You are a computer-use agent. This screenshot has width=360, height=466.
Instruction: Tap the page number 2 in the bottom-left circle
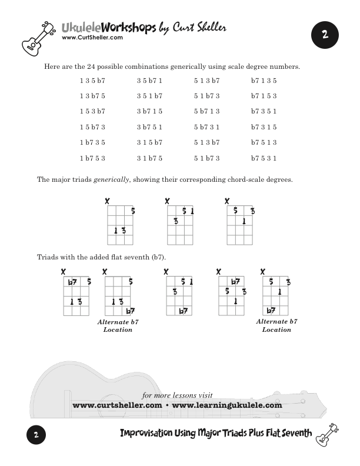click(x=36, y=436)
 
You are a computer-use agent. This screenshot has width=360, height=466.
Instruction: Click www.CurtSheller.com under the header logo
click(x=92, y=38)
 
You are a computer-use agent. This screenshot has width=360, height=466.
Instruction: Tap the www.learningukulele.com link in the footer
click(x=227, y=405)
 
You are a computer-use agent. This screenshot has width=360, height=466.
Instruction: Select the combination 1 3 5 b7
click(x=92, y=81)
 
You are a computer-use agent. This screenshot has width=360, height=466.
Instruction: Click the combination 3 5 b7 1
click(x=149, y=81)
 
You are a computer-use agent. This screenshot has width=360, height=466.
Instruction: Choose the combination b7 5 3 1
click(x=264, y=158)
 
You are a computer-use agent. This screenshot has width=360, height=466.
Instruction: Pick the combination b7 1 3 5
click(x=264, y=81)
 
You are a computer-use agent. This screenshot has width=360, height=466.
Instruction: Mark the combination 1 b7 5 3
click(x=92, y=158)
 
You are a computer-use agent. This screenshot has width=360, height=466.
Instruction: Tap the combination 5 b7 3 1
click(x=206, y=127)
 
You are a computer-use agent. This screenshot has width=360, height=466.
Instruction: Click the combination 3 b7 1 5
click(x=149, y=111)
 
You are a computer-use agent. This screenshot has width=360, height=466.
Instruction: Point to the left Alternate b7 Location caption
click(x=118, y=326)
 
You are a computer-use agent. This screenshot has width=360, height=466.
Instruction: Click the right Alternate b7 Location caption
click(x=276, y=325)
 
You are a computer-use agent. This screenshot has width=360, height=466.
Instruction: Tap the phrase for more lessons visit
click(x=178, y=395)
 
